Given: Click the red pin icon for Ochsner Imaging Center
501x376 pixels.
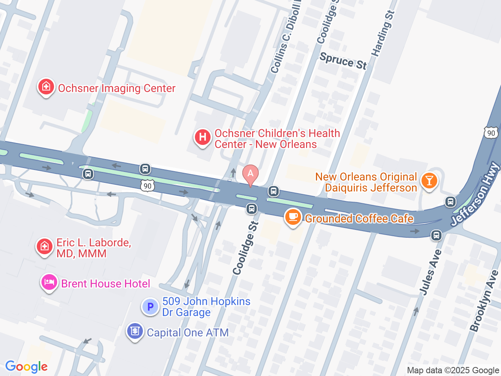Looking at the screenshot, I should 46,87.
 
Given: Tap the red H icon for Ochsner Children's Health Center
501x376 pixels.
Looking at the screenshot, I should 203,137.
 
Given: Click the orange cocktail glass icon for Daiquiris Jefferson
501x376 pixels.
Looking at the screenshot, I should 429,181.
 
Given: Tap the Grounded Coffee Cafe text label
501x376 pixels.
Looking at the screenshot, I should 359,219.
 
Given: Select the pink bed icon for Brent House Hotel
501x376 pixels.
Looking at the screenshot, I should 49,282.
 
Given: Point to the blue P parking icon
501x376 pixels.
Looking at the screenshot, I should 150,307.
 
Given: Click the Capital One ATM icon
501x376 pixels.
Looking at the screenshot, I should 135,331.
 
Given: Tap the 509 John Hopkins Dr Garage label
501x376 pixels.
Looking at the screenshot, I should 206,307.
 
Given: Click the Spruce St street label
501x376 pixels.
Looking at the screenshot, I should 343,61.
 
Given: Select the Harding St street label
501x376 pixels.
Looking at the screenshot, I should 383,34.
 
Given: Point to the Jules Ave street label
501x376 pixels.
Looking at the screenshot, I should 431,272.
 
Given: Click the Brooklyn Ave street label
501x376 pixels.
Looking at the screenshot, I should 484,301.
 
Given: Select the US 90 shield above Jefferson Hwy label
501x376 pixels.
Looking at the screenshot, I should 491,133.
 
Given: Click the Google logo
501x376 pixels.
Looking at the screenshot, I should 27,367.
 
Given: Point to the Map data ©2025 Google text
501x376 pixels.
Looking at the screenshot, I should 453,370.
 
